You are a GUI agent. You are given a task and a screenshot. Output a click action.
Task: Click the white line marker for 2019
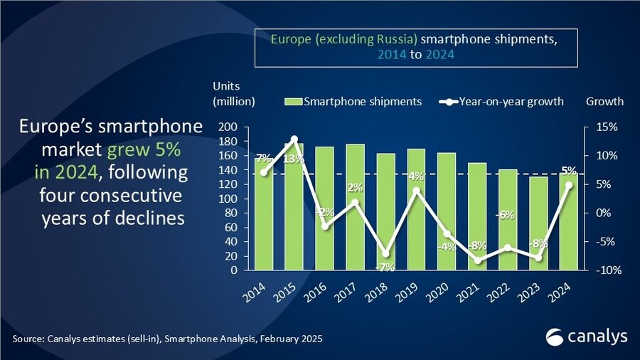(x=417, y=190)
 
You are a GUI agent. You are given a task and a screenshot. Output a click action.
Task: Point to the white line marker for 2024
(x=569, y=185)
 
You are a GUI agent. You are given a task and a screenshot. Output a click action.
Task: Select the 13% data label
(x=294, y=158)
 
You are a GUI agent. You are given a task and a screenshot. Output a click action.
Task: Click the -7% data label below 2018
(x=386, y=266)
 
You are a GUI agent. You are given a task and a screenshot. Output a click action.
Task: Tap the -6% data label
(x=507, y=215)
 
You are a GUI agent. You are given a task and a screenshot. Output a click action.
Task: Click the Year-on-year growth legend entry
(x=502, y=101)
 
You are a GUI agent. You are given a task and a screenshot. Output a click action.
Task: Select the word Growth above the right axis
(x=604, y=101)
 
